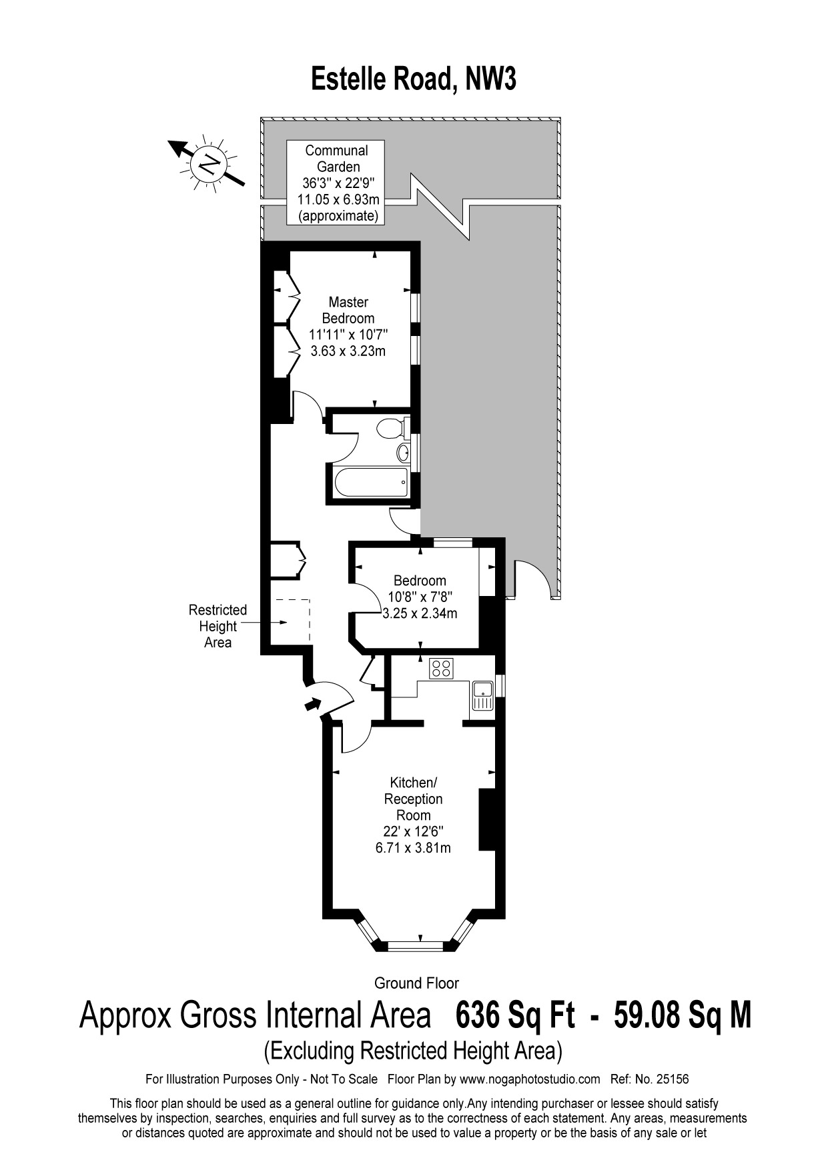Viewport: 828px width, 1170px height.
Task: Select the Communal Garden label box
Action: [336, 183]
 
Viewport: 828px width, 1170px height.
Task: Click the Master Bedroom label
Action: [348, 310]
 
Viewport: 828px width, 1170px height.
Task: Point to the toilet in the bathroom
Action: [390, 427]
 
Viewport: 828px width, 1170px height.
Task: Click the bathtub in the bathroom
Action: [366, 481]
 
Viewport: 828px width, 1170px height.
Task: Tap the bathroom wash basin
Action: [402, 453]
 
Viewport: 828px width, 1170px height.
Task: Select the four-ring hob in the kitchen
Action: [441, 667]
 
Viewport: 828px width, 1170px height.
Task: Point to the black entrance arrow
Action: [311, 703]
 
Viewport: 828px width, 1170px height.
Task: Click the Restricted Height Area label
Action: [218, 626]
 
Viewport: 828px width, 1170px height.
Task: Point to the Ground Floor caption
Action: [416, 983]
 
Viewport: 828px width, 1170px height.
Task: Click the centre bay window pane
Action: [416, 944]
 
